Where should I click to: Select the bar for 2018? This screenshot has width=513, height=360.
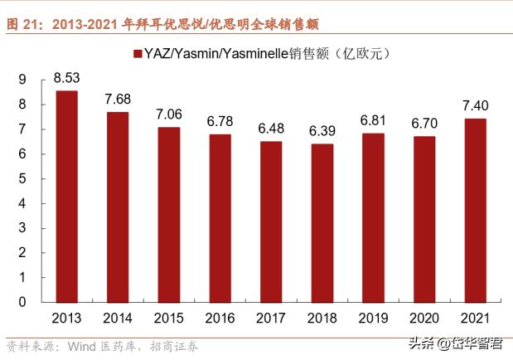pyautogui.click(x=322, y=223)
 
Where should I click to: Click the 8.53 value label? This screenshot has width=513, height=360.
pyautogui.click(x=66, y=79)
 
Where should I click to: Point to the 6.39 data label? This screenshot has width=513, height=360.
pyautogui.click(x=322, y=132)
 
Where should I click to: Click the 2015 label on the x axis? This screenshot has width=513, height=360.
pyautogui.click(x=169, y=318)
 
